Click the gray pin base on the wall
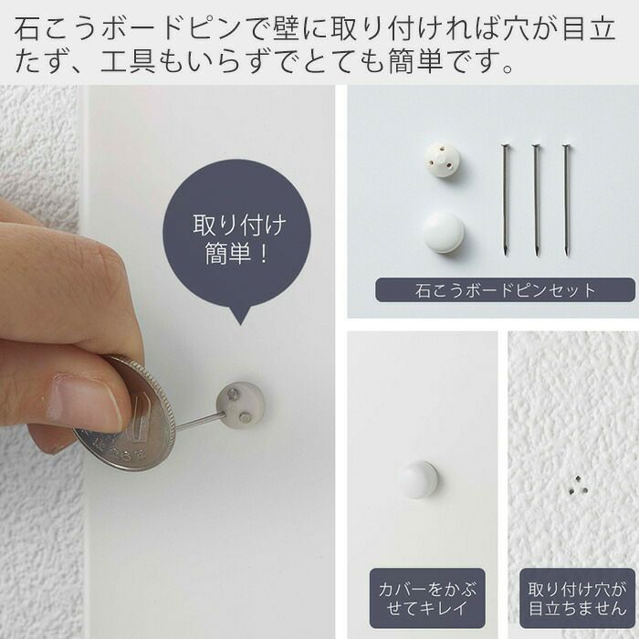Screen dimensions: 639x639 [240, 403]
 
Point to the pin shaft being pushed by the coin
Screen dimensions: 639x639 [200, 421]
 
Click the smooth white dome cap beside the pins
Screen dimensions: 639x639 [443, 232]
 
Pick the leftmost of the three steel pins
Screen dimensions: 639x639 [506, 200]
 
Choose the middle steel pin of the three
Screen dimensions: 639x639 [537, 200]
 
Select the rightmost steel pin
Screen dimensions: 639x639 [567, 200]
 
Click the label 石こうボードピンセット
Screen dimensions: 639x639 [506, 290]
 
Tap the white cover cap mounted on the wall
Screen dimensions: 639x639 [418, 479]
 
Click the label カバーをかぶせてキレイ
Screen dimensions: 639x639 [427, 598]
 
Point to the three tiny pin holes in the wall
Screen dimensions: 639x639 [578, 486]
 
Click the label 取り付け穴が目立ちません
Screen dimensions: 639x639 [578, 598]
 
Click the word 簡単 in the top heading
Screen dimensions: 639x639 [415, 61]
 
